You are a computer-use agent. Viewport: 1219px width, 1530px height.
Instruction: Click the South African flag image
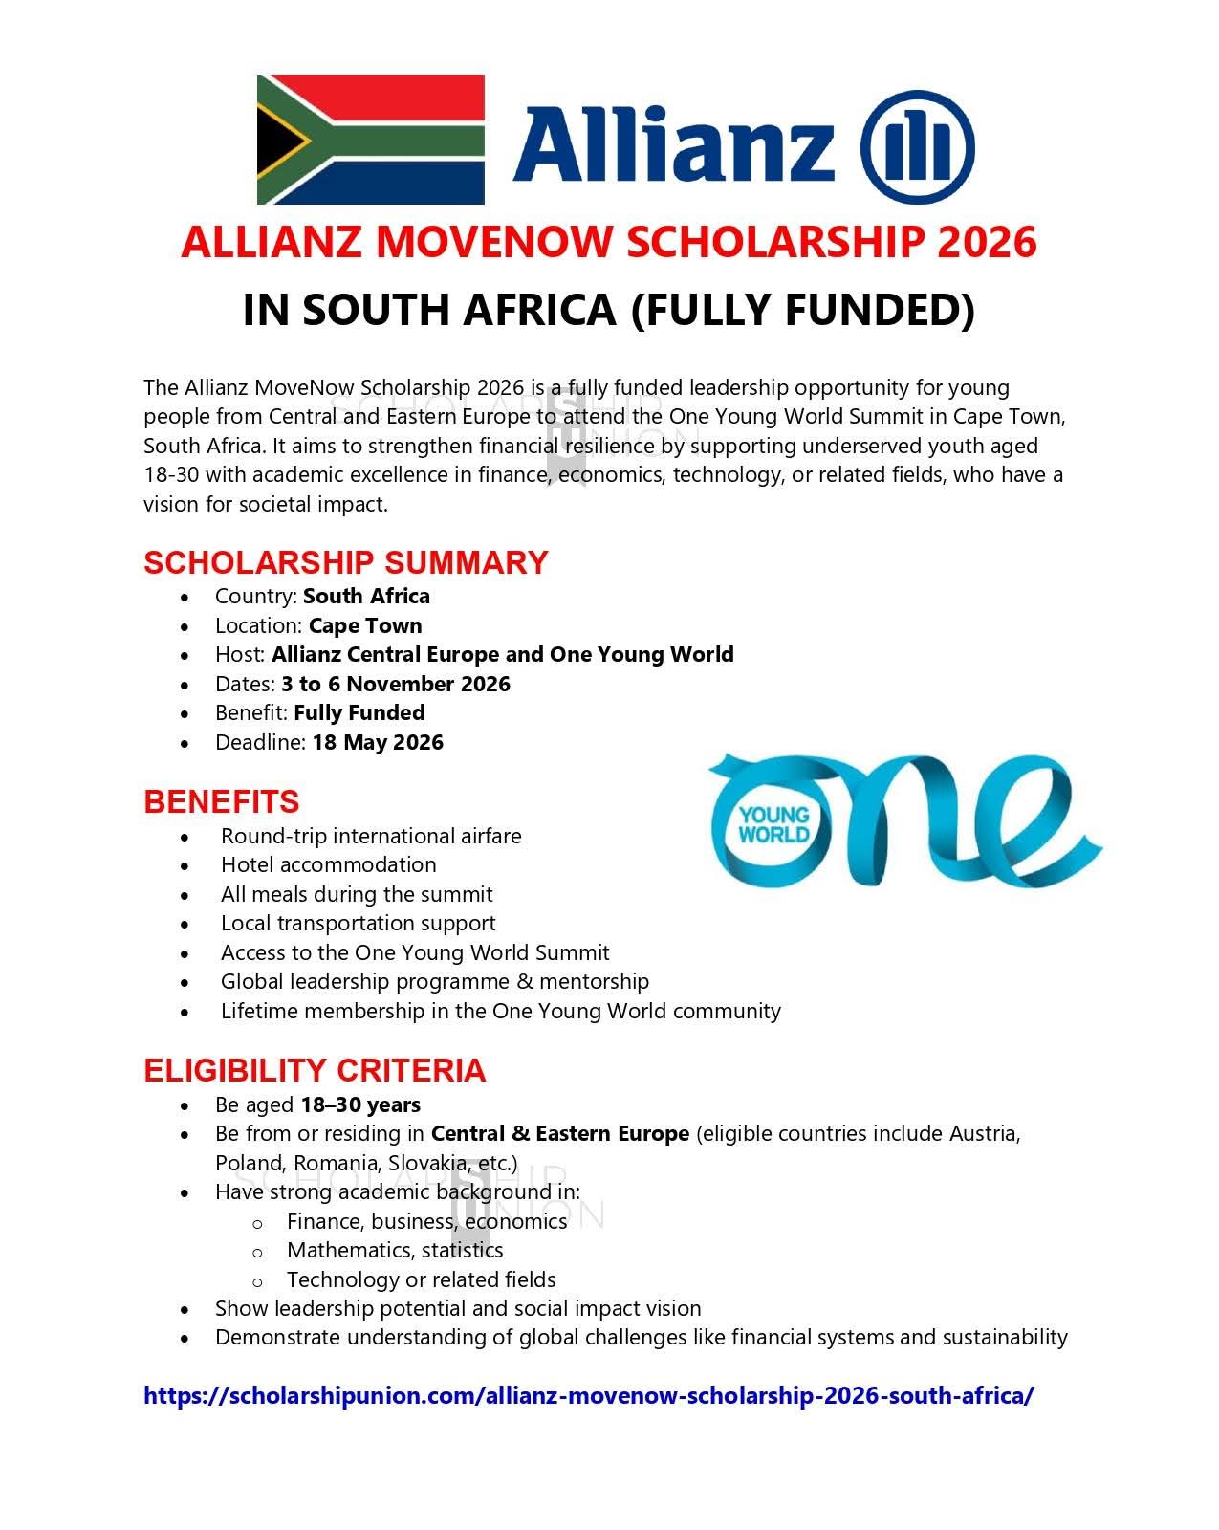pyautogui.click(x=371, y=140)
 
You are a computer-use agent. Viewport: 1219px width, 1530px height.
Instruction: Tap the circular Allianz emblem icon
pyautogui.click(x=917, y=147)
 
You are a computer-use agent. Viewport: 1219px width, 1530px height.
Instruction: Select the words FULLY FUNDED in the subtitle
pyautogui.click(x=803, y=310)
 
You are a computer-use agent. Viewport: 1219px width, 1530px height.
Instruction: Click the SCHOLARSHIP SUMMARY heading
pyautogui.click(x=345, y=561)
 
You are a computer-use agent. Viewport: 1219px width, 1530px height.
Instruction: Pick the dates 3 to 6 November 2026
pyautogui.click(x=396, y=684)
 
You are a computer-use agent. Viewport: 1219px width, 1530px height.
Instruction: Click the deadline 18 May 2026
pyautogui.click(x=378, y=742)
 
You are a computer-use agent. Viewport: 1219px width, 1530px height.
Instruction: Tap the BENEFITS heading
pyautogui.click(x=221, y=801)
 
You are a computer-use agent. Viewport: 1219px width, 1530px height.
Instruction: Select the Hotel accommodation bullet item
pyautogui.click(x=328, y=864)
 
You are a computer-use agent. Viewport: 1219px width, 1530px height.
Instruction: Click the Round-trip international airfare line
pyautogui.click(x=371, y=836)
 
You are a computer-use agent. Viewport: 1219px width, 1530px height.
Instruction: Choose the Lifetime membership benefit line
pyautogui.click(x=500, y=1011)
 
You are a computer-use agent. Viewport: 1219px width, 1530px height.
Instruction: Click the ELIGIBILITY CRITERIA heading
pyautogui.click(x=315, y=1070)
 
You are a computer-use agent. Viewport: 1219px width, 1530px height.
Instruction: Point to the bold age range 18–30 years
pyautogui.click(x=360, y=1104)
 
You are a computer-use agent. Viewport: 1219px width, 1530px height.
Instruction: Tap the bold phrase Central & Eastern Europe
pyautogui.click(x=559, y=1133)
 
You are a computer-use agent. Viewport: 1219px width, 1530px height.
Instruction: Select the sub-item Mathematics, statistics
pyautogui.click(x=394, y=1250)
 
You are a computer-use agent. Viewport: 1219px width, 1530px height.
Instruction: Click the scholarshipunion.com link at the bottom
pyautogui.click(x=588, y=1395)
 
